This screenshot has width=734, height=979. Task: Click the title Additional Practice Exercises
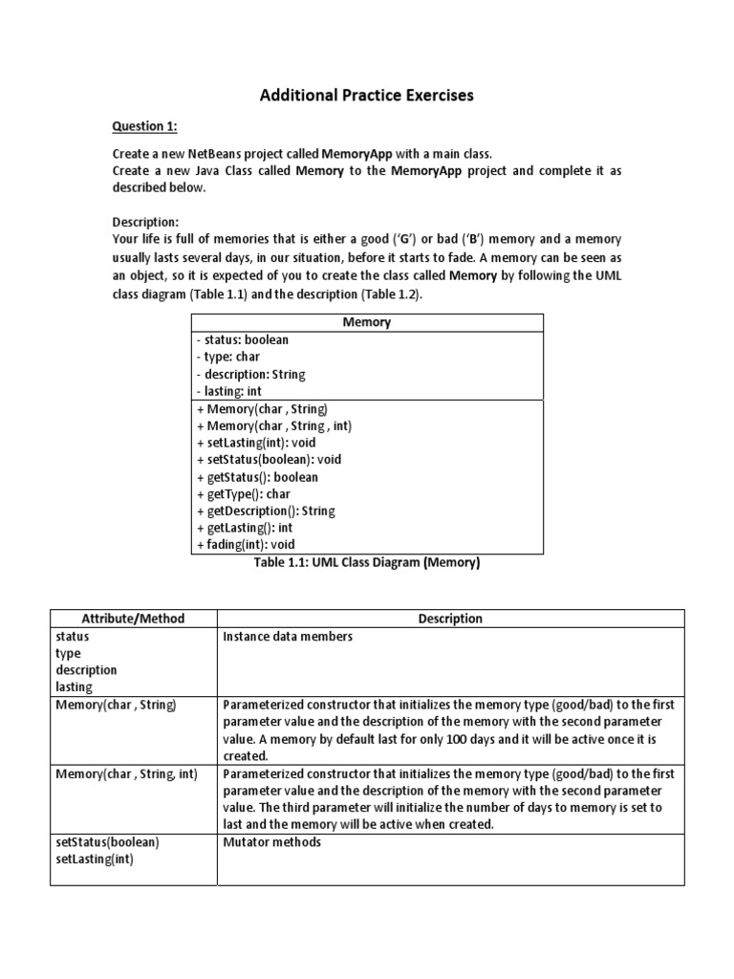click(x=368, y=96)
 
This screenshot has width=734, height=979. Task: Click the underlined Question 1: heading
click(x=145, y=126)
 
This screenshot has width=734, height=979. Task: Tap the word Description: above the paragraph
click(x=145, y=222)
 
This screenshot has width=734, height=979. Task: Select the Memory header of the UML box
click(x=367, y=322)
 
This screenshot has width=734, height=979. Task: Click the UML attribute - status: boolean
click(x=243, y=339)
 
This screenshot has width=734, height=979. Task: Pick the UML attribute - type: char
click(x=227, y=357)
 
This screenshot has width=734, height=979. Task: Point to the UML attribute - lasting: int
click(x=229, y=391)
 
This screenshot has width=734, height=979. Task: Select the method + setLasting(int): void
click(x=256, y=443)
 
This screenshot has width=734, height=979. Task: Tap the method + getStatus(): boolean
click(x=257, y=477)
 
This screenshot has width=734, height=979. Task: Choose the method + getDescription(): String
click(x=266, y=511)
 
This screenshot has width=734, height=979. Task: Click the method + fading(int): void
click(x=246, y=545)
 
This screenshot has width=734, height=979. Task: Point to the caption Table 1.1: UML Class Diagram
click(x=367, y=563)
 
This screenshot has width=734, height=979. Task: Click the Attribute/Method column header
click(x=134, y=619)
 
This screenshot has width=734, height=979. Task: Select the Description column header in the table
click(x=450, y=619)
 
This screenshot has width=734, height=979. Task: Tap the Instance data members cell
click(x=288, y=637)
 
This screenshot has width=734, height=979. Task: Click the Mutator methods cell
click(x=271, y=842)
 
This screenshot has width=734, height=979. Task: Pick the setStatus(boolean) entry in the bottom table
click(x=108, y=842)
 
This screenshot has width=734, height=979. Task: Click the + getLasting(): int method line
click(x=245, y=528)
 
